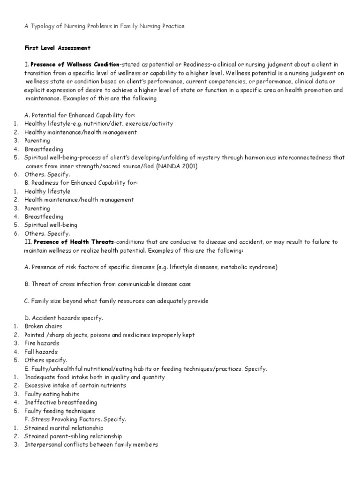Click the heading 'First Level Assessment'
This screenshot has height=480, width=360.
[57, 48]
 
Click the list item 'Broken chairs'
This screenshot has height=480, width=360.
[43, 326]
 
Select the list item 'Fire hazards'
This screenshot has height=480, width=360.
[42, 343]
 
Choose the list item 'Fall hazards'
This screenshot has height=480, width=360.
[41, 352]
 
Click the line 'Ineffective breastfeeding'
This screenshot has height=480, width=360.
[61, 402]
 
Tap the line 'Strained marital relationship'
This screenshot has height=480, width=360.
[64, 427]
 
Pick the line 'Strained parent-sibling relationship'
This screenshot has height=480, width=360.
[73, 436]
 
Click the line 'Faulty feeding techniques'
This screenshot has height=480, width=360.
[60, 411]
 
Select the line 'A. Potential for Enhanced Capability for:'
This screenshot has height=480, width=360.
[80, 115]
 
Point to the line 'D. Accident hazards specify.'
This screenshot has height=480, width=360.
[63, 318]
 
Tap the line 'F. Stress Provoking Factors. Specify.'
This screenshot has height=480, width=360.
[75, 419]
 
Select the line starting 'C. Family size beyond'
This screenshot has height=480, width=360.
[116, 301]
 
